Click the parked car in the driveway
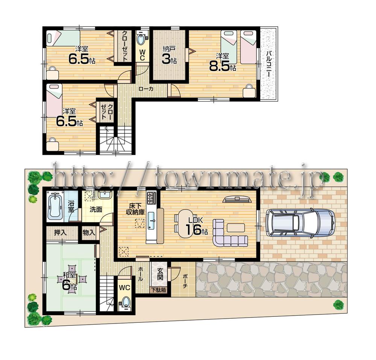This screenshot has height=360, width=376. tap(300, 223)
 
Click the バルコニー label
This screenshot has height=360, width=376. tap(269, 64)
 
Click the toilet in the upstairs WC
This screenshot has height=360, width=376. tap(142, 39)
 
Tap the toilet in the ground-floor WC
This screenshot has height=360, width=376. tap(126, 302)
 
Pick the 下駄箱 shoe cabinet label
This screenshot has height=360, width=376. tap(159, 290)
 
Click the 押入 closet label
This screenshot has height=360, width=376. tap(60, 233)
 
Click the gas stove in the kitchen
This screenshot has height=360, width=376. tap(152, 197)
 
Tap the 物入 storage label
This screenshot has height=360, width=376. tap(89, 233)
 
